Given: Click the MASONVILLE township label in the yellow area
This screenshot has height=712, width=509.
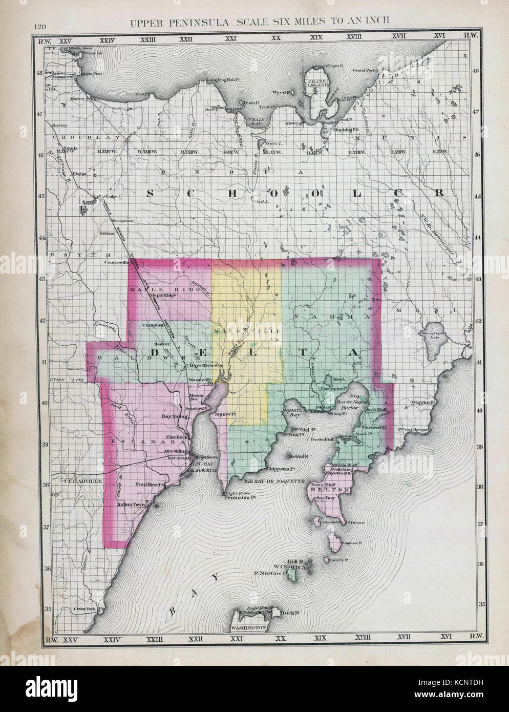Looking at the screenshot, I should [247, 331].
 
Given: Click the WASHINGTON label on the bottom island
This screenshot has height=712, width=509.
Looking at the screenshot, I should [248, 627].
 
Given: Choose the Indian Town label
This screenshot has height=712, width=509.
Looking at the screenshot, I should [132, 505].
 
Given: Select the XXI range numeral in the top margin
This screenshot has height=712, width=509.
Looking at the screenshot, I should [232, 38].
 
